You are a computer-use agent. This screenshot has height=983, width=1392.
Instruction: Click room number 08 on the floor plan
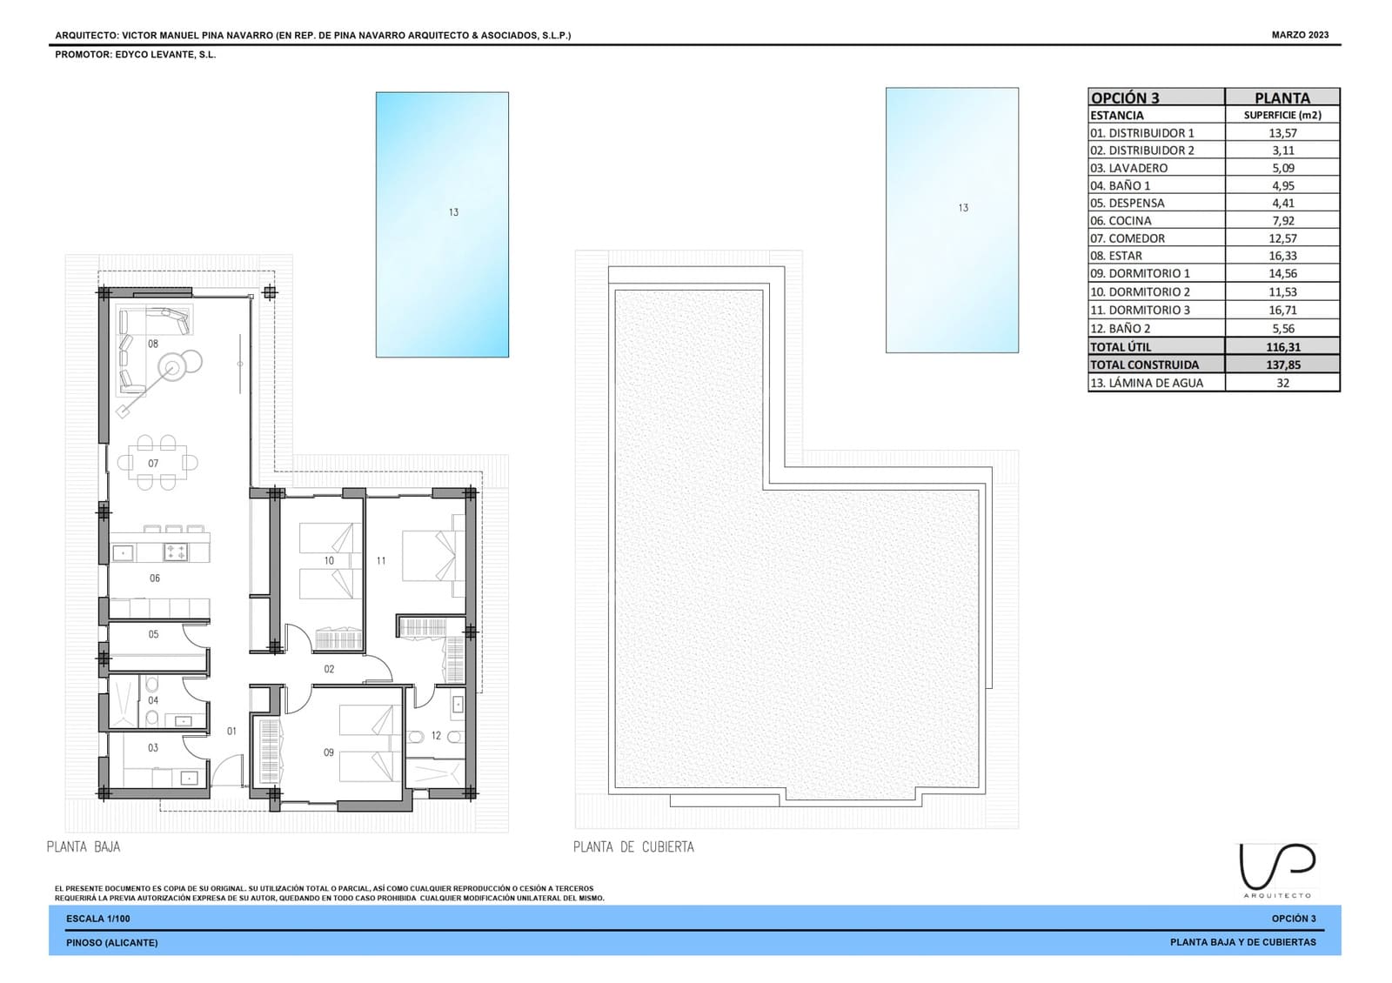coord(153,344)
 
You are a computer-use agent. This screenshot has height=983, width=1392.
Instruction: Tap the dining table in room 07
coord(157,463)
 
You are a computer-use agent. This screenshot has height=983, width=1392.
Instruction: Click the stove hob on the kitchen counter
coord(175,552)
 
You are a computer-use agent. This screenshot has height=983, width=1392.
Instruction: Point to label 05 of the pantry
coord(153,634)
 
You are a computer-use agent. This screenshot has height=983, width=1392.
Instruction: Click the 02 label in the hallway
coord(330,669)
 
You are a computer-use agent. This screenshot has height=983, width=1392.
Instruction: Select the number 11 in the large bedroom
coord(381,560)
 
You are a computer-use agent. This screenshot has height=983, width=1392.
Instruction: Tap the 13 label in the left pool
coord(453,212)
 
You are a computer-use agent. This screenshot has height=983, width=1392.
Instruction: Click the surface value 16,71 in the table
coord(1282,310)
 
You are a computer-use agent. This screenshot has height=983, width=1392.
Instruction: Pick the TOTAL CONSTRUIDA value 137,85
coord(1283,364)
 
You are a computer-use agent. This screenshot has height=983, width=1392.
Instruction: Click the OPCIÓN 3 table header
coord(1126,98)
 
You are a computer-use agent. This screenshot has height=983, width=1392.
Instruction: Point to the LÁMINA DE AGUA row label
coord(1147,384)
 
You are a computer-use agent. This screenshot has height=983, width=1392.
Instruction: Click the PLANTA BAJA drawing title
coord(84,847)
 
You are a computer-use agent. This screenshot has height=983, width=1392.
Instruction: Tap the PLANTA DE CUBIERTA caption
coord(633,847)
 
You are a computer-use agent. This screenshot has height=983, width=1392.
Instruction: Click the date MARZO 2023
coord(1300,36)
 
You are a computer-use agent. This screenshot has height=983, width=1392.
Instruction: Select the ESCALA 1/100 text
coord(98,919)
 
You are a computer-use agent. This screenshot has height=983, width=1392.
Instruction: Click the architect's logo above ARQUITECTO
coord(1278,866)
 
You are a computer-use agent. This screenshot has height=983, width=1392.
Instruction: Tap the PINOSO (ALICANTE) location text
coord(112,943)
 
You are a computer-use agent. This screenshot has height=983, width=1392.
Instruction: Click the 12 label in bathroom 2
coord(436,736)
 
